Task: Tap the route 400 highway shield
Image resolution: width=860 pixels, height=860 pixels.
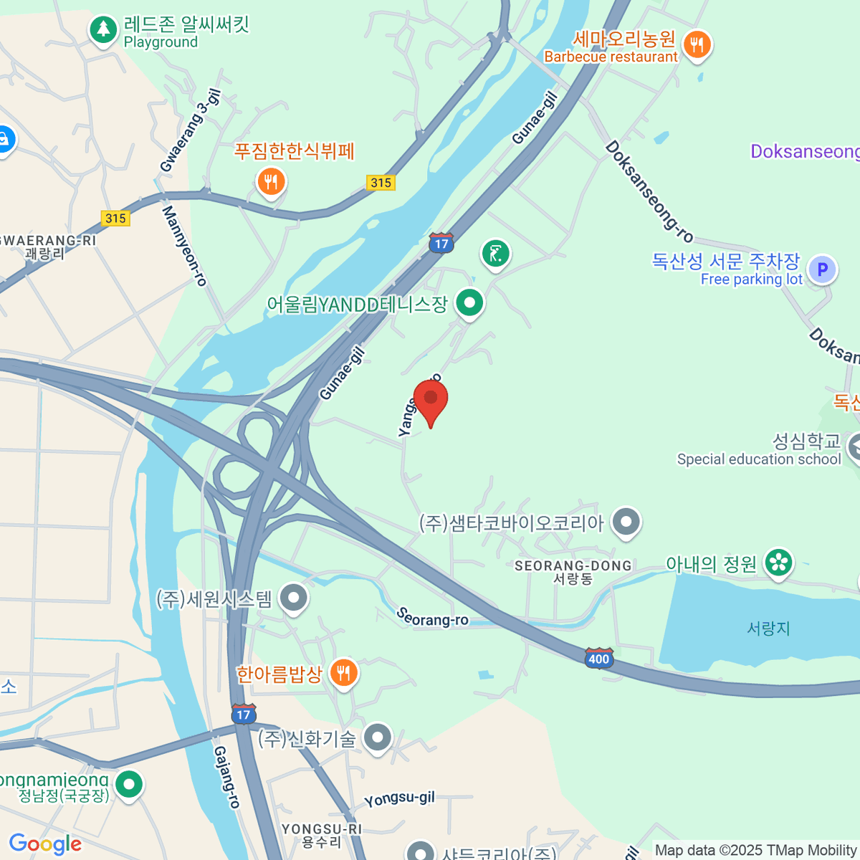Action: [x=598, y=658]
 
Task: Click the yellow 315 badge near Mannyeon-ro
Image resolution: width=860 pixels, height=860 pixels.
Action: [x=115, y=219]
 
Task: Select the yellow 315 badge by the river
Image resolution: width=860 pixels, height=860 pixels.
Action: [x=381, y=183]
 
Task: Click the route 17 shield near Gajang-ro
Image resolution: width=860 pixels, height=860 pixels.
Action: [x=244, y=714]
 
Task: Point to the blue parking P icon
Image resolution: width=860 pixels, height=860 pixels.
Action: [x=822, y=270]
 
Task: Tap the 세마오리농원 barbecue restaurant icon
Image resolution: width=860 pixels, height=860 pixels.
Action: [x=696, y=45]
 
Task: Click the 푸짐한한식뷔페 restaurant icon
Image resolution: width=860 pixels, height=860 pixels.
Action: [x=271, y=182]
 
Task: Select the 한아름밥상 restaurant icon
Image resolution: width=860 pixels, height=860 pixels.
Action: [x=344, y=674]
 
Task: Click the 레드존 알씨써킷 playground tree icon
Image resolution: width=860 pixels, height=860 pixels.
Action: [x=104, y=30]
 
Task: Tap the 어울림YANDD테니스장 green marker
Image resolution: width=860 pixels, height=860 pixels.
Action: [x=469, y=303]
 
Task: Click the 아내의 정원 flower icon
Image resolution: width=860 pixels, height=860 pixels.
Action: [x=778, y=563]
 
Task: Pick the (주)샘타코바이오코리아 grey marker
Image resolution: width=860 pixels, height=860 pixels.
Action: [x=627, y=522]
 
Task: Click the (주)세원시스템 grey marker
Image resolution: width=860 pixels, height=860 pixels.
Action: [x=293, y=598]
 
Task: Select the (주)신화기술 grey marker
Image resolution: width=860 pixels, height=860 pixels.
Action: [x=377, y=737]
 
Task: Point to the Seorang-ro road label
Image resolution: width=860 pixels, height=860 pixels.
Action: [x=432, y=617]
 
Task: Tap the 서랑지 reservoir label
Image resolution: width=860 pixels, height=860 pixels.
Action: [x=768, y=629]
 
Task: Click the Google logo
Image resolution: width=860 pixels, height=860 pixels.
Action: [x=45, y=844]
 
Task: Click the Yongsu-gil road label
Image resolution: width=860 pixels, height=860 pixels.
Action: [x=399, y=799]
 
